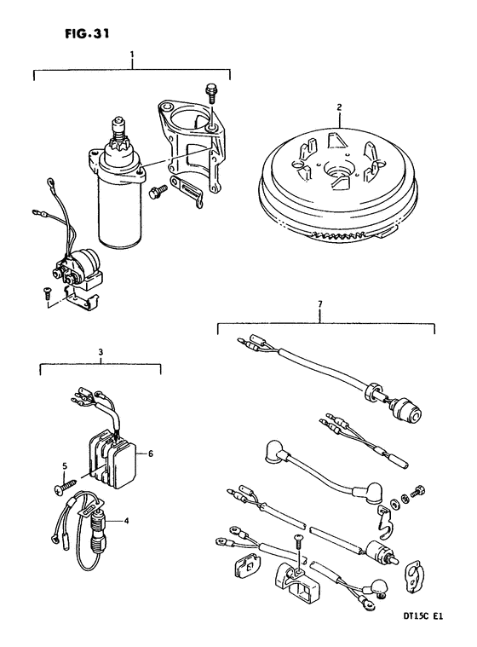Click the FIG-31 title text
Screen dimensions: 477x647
pyautogui.click(x=87, y=34)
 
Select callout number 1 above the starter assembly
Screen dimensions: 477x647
pyautogui.click(x=131, y=54)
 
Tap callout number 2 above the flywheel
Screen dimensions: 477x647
pyautogui.click(x=339, y=107)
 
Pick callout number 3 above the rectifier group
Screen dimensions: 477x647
pyautogui.click(x=101, y=352)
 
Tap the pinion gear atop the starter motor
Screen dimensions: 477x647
pyautogui.click(x=118, y=147)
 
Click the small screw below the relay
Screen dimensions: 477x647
pyautogui.click(x=46, y=293)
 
